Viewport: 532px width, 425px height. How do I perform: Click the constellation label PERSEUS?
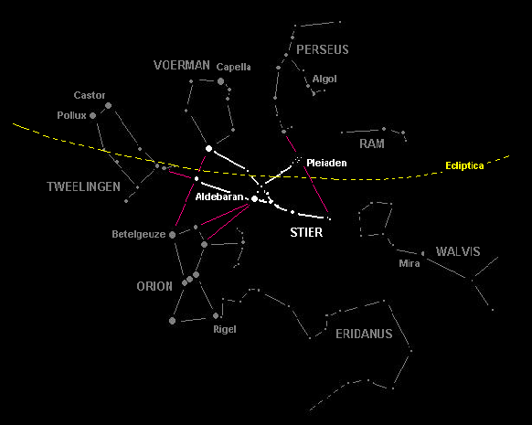pyautogui.click(x=323, y=49)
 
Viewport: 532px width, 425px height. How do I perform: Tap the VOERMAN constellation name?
pyautogui.click(x=182, y=65)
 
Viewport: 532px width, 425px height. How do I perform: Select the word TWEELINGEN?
pyautogui.click(x=83, y=186)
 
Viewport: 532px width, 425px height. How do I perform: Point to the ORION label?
pyautogui.click(x=154, y=286)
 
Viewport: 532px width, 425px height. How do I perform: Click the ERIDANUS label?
pyautogui.click(x=364, y=335)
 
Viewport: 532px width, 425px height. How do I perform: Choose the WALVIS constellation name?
pyautogui.click(x=458, y=251)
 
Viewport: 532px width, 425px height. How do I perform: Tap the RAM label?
pyautogui.click(x=372, y=143)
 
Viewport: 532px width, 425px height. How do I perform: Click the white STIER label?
pyautogui.click(x=306, y=232)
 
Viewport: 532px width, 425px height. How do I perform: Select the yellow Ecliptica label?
pyautogui.click(x=464, y=165)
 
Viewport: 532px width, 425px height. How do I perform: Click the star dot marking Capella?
pyautogui.click(x=220, y=81)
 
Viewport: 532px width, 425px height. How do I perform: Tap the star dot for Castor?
pyautogui.click(x=108, y=105)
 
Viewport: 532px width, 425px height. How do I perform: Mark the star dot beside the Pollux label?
pyautogui.click(x=92, y=116)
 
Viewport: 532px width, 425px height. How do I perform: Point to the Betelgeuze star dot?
pyautogui.click(x=173, y=234)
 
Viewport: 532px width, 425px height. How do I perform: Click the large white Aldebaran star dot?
pyautogui.click(x=254, y=198)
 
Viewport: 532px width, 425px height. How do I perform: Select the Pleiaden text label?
pyautogui.click(x=326, y=164)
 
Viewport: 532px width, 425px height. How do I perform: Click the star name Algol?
pyautogui.click(x=325, y=79)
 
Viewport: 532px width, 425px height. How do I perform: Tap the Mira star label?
pyautogui.click(x=410, y=263)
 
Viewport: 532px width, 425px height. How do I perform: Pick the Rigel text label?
pyautogui.click(x=225, y=329)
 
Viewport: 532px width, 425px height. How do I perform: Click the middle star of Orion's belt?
pyautogui.click(x=190, y=279)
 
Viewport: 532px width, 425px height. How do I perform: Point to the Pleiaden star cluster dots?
pyautogui.click(x=298, y=159)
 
